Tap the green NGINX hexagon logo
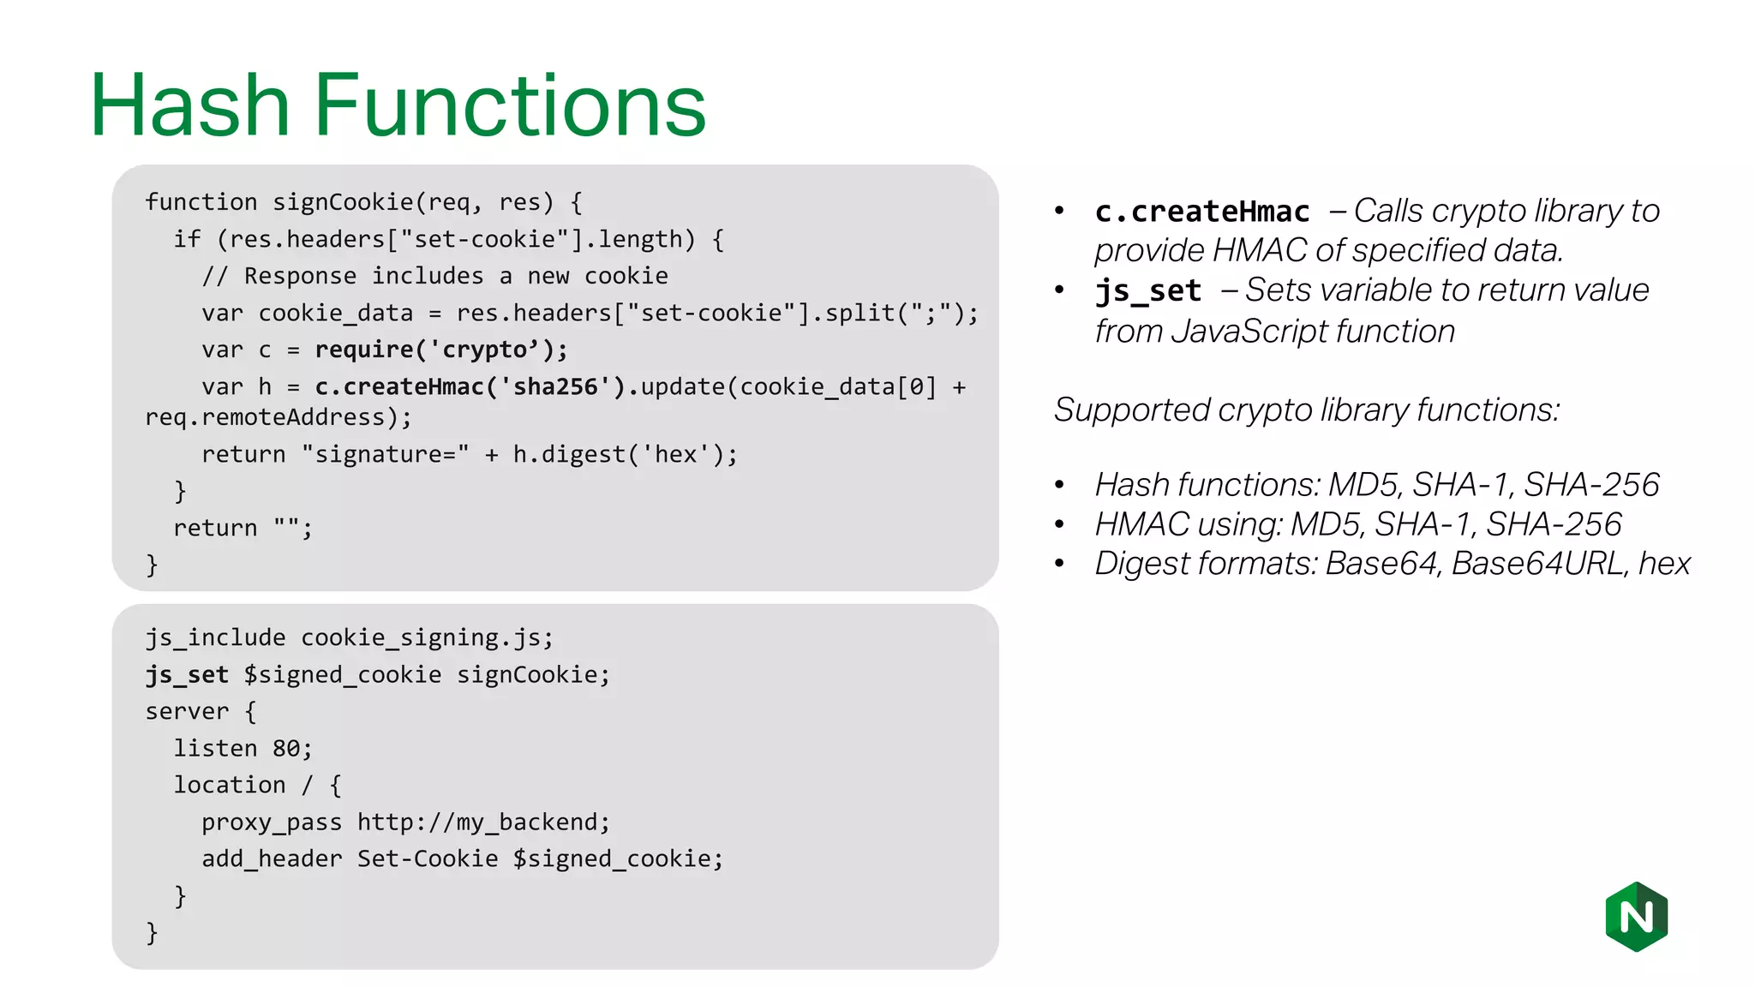1636,916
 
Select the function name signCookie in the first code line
343,202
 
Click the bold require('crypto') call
440,350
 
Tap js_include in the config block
215,637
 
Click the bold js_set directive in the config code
187,674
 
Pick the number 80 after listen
286,748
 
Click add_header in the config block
272,858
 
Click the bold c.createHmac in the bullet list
1201,211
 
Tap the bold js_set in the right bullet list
1148,290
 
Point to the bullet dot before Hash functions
1059,485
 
